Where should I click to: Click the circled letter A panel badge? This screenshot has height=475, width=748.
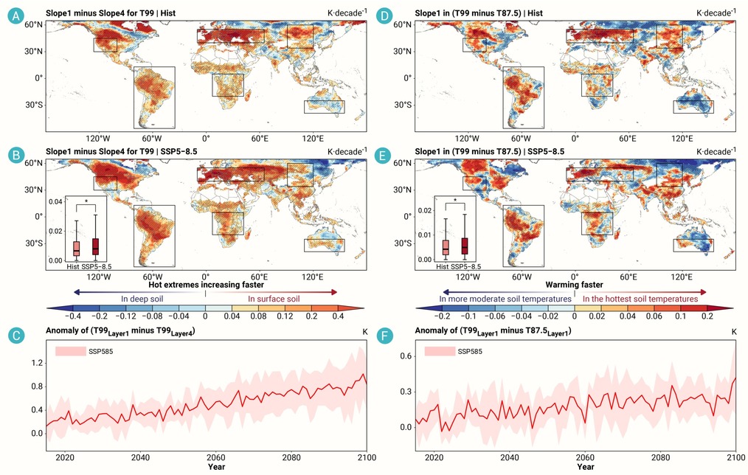(x=16, y=16)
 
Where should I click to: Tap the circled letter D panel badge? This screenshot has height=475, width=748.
(x=384, y=16)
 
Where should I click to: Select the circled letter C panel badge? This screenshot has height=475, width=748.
(x=16, y=336)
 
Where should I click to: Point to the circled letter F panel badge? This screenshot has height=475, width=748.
(x=384, y=336)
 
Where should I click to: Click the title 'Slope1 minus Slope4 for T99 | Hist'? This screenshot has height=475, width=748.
(x=111, y=13)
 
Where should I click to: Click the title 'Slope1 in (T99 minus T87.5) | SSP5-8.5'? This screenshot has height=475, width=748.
(x=489, y=152)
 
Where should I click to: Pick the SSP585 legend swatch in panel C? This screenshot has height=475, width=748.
(x=70, y=352)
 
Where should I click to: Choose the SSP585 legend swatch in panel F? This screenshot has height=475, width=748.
(x=440, y=352)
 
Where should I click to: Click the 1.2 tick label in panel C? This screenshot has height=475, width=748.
(x=37, y=364)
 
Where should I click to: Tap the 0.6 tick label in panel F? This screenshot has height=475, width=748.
(x=406, y=356)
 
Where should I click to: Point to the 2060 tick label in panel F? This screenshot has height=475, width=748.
(x=585, y=458)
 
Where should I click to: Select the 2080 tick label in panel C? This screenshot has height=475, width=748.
(x=291, y=458)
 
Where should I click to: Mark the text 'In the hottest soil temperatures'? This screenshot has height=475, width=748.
(x=640, y=299)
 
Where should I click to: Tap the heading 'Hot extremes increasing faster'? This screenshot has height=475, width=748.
(x=206, y=285)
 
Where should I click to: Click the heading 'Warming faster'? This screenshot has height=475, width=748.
(x=575, y=285)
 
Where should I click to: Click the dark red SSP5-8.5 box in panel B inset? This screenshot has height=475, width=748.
(x=95, y=246)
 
